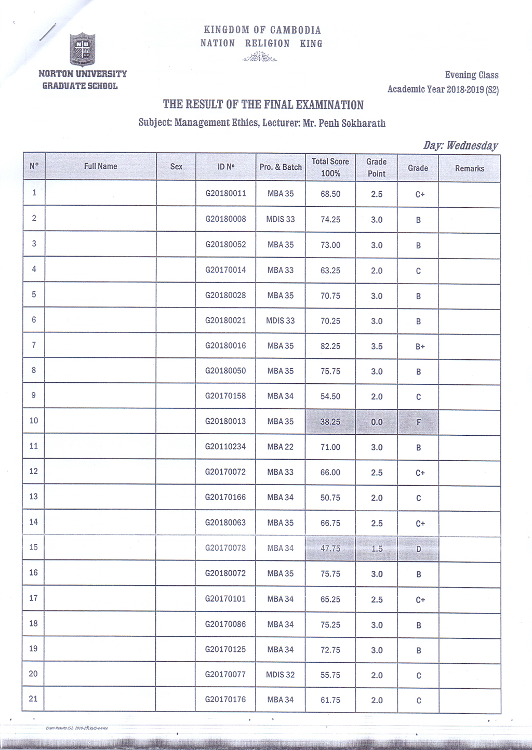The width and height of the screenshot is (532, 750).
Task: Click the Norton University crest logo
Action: [82, 49]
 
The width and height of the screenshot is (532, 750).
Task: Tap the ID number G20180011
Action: [225, 193]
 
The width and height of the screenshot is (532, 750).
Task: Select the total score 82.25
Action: [330, 346]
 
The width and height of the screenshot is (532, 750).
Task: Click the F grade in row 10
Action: [418, 422]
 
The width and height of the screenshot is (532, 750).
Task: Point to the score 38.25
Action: [330, 422]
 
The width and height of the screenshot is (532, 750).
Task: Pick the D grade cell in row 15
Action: [418, 549]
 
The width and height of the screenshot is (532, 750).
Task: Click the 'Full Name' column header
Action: [100, 166]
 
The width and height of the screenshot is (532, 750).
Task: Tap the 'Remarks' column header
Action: [469, 168]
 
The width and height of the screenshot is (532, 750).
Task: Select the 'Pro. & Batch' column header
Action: [281, 167]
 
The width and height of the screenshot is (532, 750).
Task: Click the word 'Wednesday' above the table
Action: [472, 145]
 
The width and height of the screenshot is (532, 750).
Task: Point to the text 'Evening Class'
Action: [471, 75]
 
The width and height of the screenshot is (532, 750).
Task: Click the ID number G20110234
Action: [225, 447]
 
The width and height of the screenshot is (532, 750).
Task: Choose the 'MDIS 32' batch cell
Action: [281, 675]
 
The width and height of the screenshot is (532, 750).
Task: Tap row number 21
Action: [33, 699]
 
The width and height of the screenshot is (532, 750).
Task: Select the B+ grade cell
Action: [420, 346]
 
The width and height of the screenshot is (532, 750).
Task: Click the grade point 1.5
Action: [377, 548]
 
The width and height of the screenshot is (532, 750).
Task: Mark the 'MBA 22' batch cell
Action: [281, 447]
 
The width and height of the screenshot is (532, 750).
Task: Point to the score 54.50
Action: [330, 396]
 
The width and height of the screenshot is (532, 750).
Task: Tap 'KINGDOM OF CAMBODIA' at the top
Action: [262, 30]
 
